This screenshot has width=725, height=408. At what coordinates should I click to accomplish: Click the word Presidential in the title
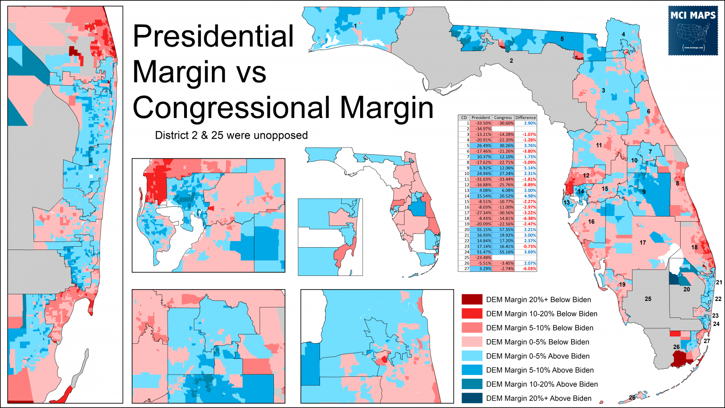tap(213, 37)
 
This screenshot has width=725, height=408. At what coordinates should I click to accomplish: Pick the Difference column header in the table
tap(525, 117)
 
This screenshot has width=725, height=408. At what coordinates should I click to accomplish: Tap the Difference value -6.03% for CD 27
tap(527, 269)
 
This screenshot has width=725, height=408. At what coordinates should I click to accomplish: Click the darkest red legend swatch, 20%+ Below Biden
tap(472, 300)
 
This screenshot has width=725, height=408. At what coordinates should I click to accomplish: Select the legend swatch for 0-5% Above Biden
tap(472, 356)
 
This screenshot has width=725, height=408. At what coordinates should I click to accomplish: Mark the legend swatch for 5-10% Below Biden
tap(472, 328)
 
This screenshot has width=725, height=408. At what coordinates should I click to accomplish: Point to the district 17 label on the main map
tap(642, 243)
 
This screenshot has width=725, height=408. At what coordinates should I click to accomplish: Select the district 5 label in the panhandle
tap(562, 39)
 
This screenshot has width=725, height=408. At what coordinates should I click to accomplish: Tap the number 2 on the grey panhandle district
tap(511, 61)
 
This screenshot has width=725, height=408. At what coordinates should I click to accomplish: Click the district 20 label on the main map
tap(686, 289)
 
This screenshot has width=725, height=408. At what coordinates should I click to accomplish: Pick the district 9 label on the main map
tap(643, 192)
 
